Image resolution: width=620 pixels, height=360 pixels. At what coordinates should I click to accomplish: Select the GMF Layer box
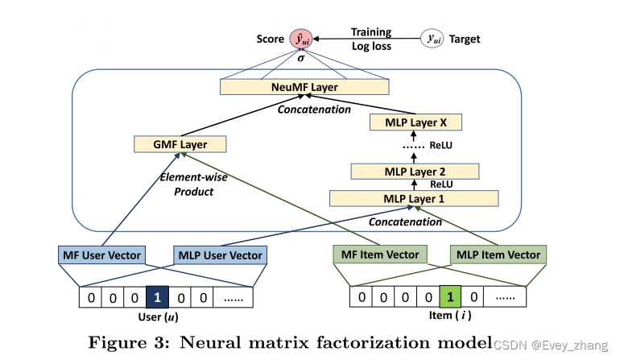coord(180,145)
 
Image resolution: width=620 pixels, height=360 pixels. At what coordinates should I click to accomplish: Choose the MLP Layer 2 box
coord(415,172)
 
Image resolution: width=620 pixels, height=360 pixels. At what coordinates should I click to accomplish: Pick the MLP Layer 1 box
coord(415,198)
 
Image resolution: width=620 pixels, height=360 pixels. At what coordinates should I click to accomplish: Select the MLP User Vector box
coord(220,255)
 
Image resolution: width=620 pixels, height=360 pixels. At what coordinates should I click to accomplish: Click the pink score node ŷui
coord(301,39)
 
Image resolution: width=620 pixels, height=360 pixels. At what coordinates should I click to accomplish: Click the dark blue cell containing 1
coord(158,298)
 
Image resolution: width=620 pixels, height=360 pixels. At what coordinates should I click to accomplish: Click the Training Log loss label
coord(371,39)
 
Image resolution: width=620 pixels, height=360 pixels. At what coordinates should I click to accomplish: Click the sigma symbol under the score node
coord(301,59)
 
